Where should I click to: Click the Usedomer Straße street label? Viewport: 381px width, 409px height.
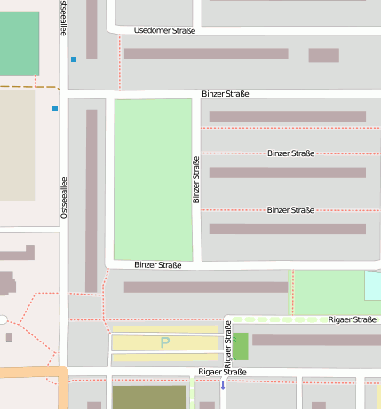164,30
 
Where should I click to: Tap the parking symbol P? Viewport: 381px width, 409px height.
164,342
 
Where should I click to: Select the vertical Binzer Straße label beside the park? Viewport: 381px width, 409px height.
196,180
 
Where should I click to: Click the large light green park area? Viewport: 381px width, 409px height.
153,178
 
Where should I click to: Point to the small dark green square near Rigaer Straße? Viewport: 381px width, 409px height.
240,346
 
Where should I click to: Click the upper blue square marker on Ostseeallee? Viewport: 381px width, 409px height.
74,59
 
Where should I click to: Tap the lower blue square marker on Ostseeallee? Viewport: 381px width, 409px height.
55,108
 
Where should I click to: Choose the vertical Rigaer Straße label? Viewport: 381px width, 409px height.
228,350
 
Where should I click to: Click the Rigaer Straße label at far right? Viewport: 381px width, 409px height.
352,319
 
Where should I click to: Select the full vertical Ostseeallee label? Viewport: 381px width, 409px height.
64,197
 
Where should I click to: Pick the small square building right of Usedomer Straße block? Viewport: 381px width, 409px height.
323,55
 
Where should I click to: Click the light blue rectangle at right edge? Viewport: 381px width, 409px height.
372,286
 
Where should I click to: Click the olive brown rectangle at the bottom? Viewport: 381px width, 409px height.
149,397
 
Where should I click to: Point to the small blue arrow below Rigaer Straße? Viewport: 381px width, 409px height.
223,386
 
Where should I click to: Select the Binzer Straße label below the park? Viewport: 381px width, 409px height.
158,265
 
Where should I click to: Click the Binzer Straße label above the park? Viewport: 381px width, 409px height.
225,94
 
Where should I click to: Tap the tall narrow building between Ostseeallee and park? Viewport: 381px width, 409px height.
91,201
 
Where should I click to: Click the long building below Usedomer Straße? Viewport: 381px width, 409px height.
205,54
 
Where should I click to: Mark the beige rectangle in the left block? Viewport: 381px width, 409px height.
17,146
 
